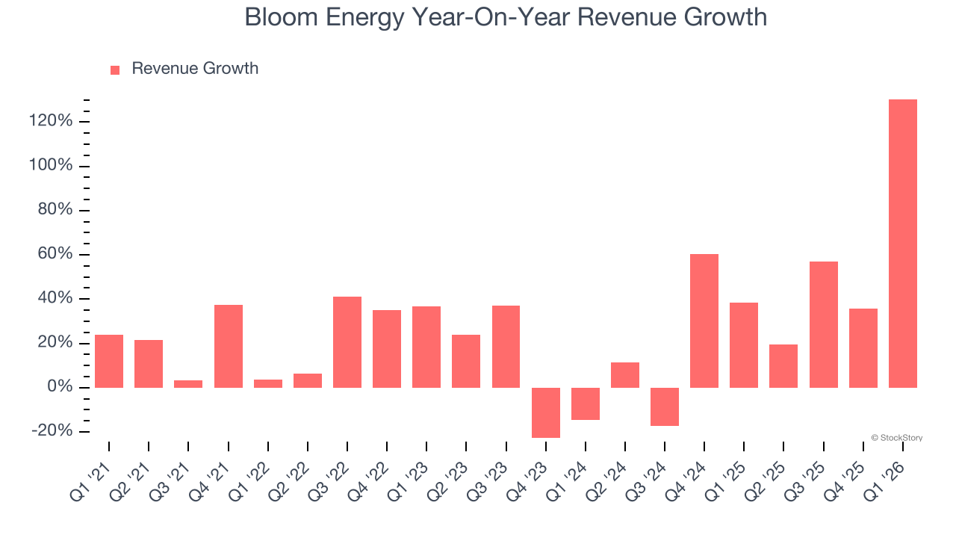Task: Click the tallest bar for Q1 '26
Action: tap(902, 243)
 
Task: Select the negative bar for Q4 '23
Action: tap(545, 412)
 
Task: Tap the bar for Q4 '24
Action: tap(704, 321)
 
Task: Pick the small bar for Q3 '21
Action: tap(188, 383)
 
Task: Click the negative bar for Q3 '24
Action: tap(664, 406)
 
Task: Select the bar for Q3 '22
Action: tap(347, 342)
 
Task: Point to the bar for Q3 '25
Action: tap(823, 324)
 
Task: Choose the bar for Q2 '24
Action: tap(624, 375)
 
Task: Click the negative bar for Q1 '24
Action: tap(585, 403)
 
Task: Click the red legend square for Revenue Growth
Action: tap(115, 69)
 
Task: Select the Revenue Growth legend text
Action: tap(195, 69)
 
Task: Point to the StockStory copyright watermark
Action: tap(896, 438)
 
